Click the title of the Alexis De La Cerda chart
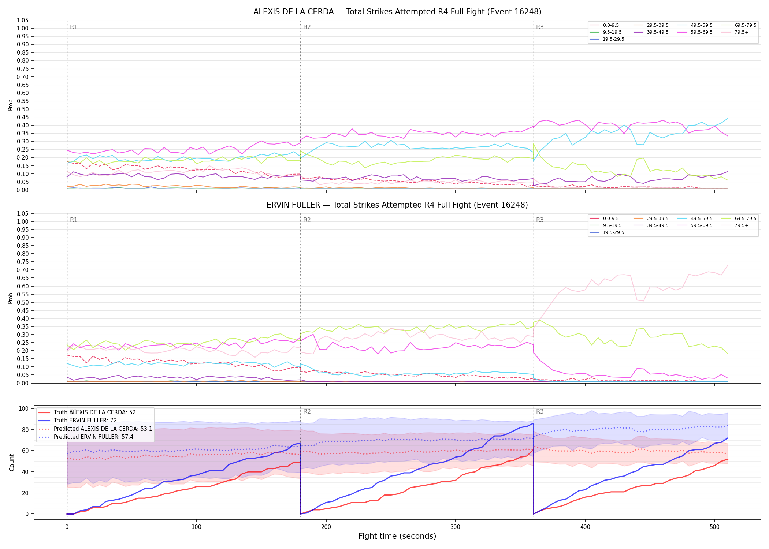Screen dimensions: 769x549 (x=397, y=12)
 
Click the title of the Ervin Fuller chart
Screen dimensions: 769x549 (x=397, y=205)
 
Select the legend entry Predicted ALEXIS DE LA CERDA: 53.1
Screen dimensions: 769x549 (x=95, y=429)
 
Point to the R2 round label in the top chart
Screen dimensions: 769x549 (x=307, y=27)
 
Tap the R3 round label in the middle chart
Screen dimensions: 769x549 (x=540, y=220)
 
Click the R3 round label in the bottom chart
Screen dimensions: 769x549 (x=540, y=411)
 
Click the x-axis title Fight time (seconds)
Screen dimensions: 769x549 (x=397, y=536)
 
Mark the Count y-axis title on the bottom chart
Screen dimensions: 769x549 (x=12, y=462)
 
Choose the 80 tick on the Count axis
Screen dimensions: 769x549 (x=26, y=430)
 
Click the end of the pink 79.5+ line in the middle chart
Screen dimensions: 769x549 (x=728, y=265)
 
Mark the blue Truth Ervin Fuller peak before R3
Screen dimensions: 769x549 (x=533, y=423)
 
